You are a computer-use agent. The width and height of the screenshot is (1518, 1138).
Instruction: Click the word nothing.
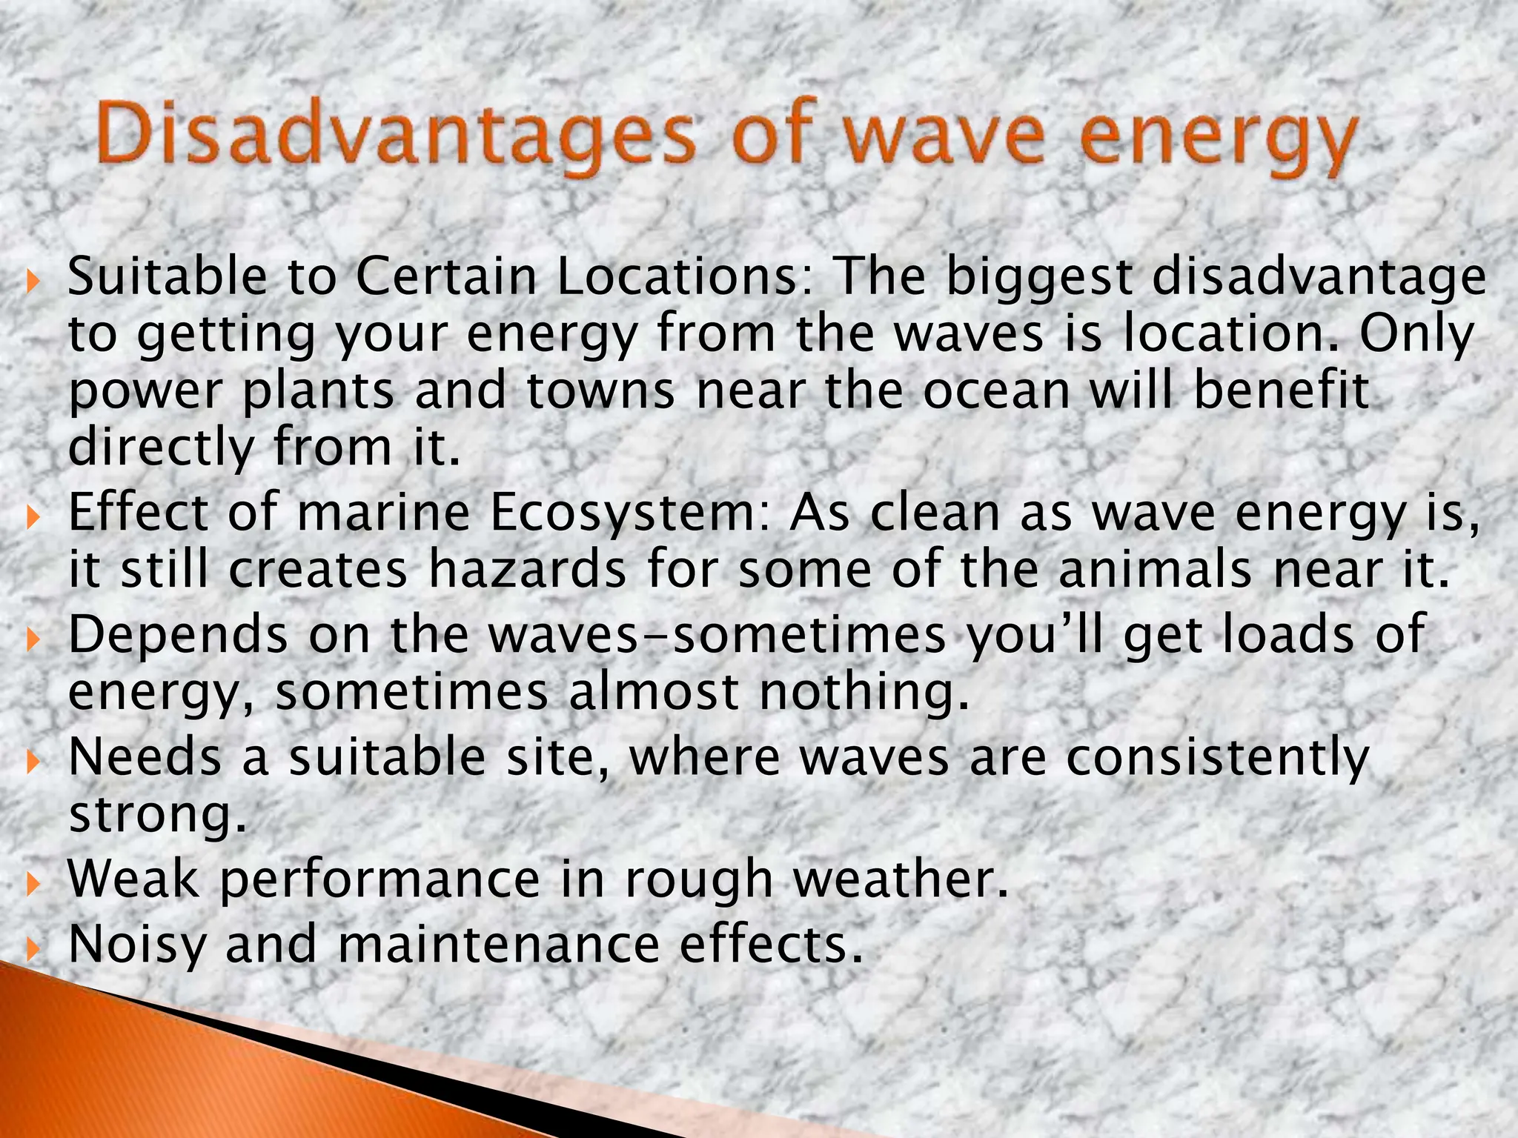864,692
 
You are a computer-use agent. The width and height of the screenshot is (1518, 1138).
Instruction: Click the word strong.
156,815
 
